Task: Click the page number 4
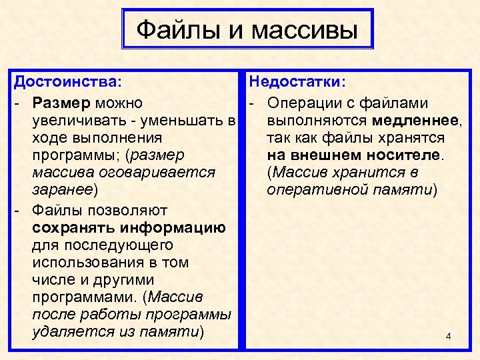[x=448, y=335]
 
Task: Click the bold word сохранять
[x=69, y=228]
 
